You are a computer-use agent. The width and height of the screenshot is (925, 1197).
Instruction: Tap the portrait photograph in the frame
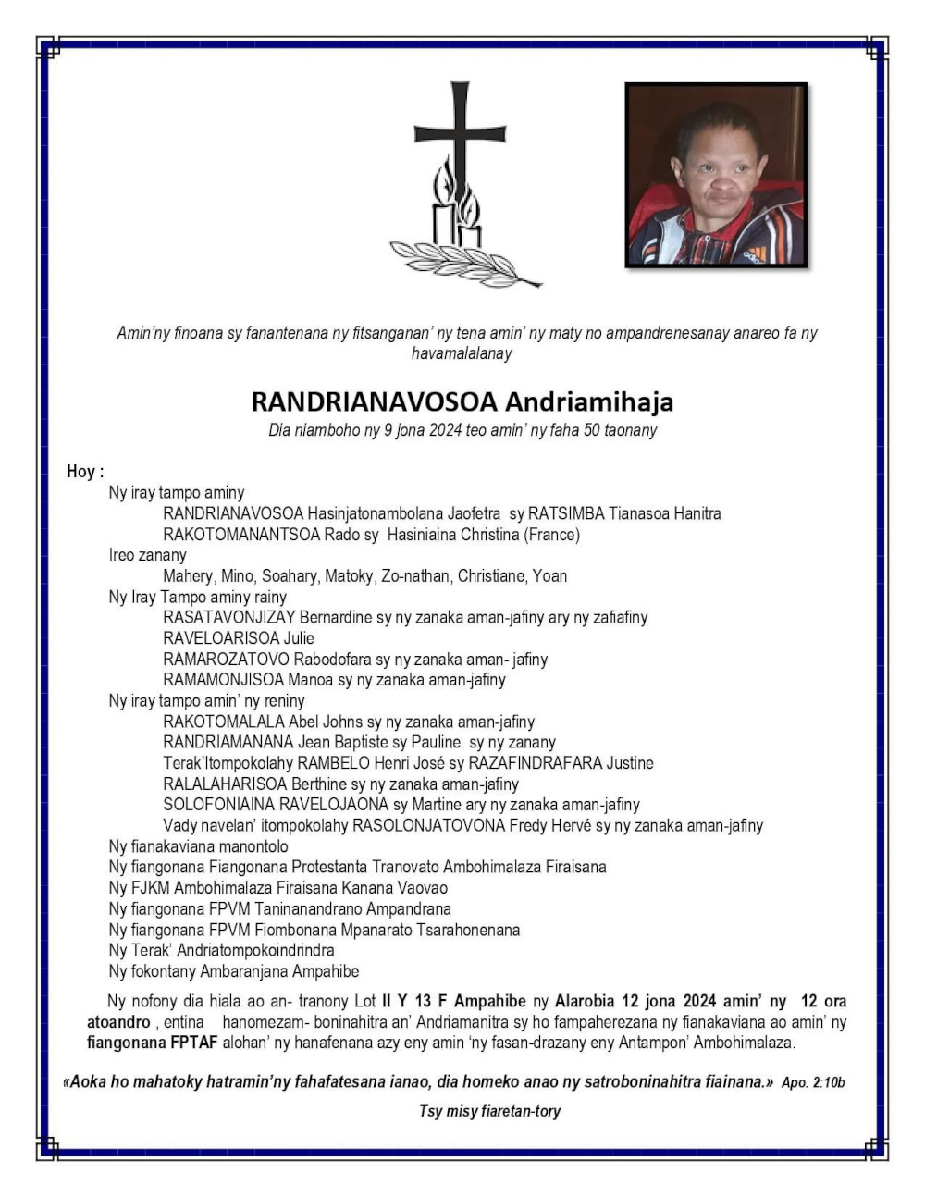click(716, 176)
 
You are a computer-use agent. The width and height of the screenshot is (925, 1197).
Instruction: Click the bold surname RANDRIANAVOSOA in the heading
click(375, 401)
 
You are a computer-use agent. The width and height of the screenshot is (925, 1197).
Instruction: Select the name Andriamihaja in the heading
click(589, 401)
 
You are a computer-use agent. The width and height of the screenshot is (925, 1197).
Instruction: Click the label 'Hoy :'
click(85, 472)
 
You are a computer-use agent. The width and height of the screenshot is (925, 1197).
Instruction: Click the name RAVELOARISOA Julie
click(239, 638)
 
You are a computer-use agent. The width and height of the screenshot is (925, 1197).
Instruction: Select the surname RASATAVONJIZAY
click(229, 617)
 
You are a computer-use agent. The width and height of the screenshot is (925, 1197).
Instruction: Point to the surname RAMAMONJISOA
click(223, 680)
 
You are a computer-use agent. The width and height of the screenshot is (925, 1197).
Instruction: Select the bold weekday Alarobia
click(585, 1001)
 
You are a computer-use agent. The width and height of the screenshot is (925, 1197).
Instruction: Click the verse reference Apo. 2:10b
click(813, 1082)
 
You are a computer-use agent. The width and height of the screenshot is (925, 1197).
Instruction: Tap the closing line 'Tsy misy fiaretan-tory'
click(489, 1111)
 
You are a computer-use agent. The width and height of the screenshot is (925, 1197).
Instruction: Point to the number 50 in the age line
click(592, 430)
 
